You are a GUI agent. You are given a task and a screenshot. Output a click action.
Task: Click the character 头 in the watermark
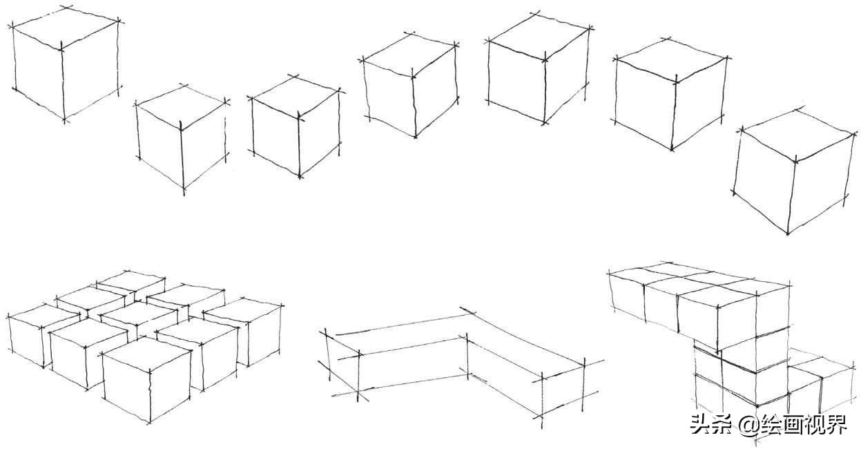point(700,424)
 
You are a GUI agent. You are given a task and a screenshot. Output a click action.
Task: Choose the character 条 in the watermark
point(722,424)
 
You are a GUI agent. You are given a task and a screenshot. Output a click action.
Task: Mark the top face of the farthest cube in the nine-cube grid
point(131,282)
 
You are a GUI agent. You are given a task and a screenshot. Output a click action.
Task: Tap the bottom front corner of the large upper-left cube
point(65,121)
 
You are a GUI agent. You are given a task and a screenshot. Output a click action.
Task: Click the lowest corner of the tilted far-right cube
point(787,233)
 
